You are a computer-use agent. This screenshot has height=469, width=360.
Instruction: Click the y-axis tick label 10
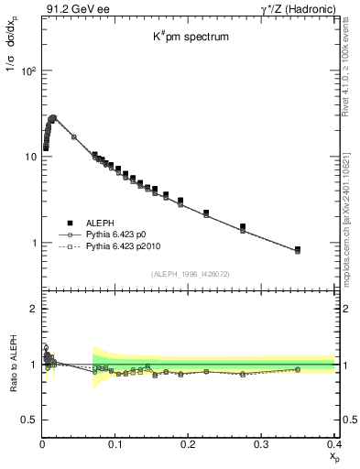[x=31, y=157]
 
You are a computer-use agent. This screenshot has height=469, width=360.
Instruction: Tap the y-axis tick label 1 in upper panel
[x=34, y=243]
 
